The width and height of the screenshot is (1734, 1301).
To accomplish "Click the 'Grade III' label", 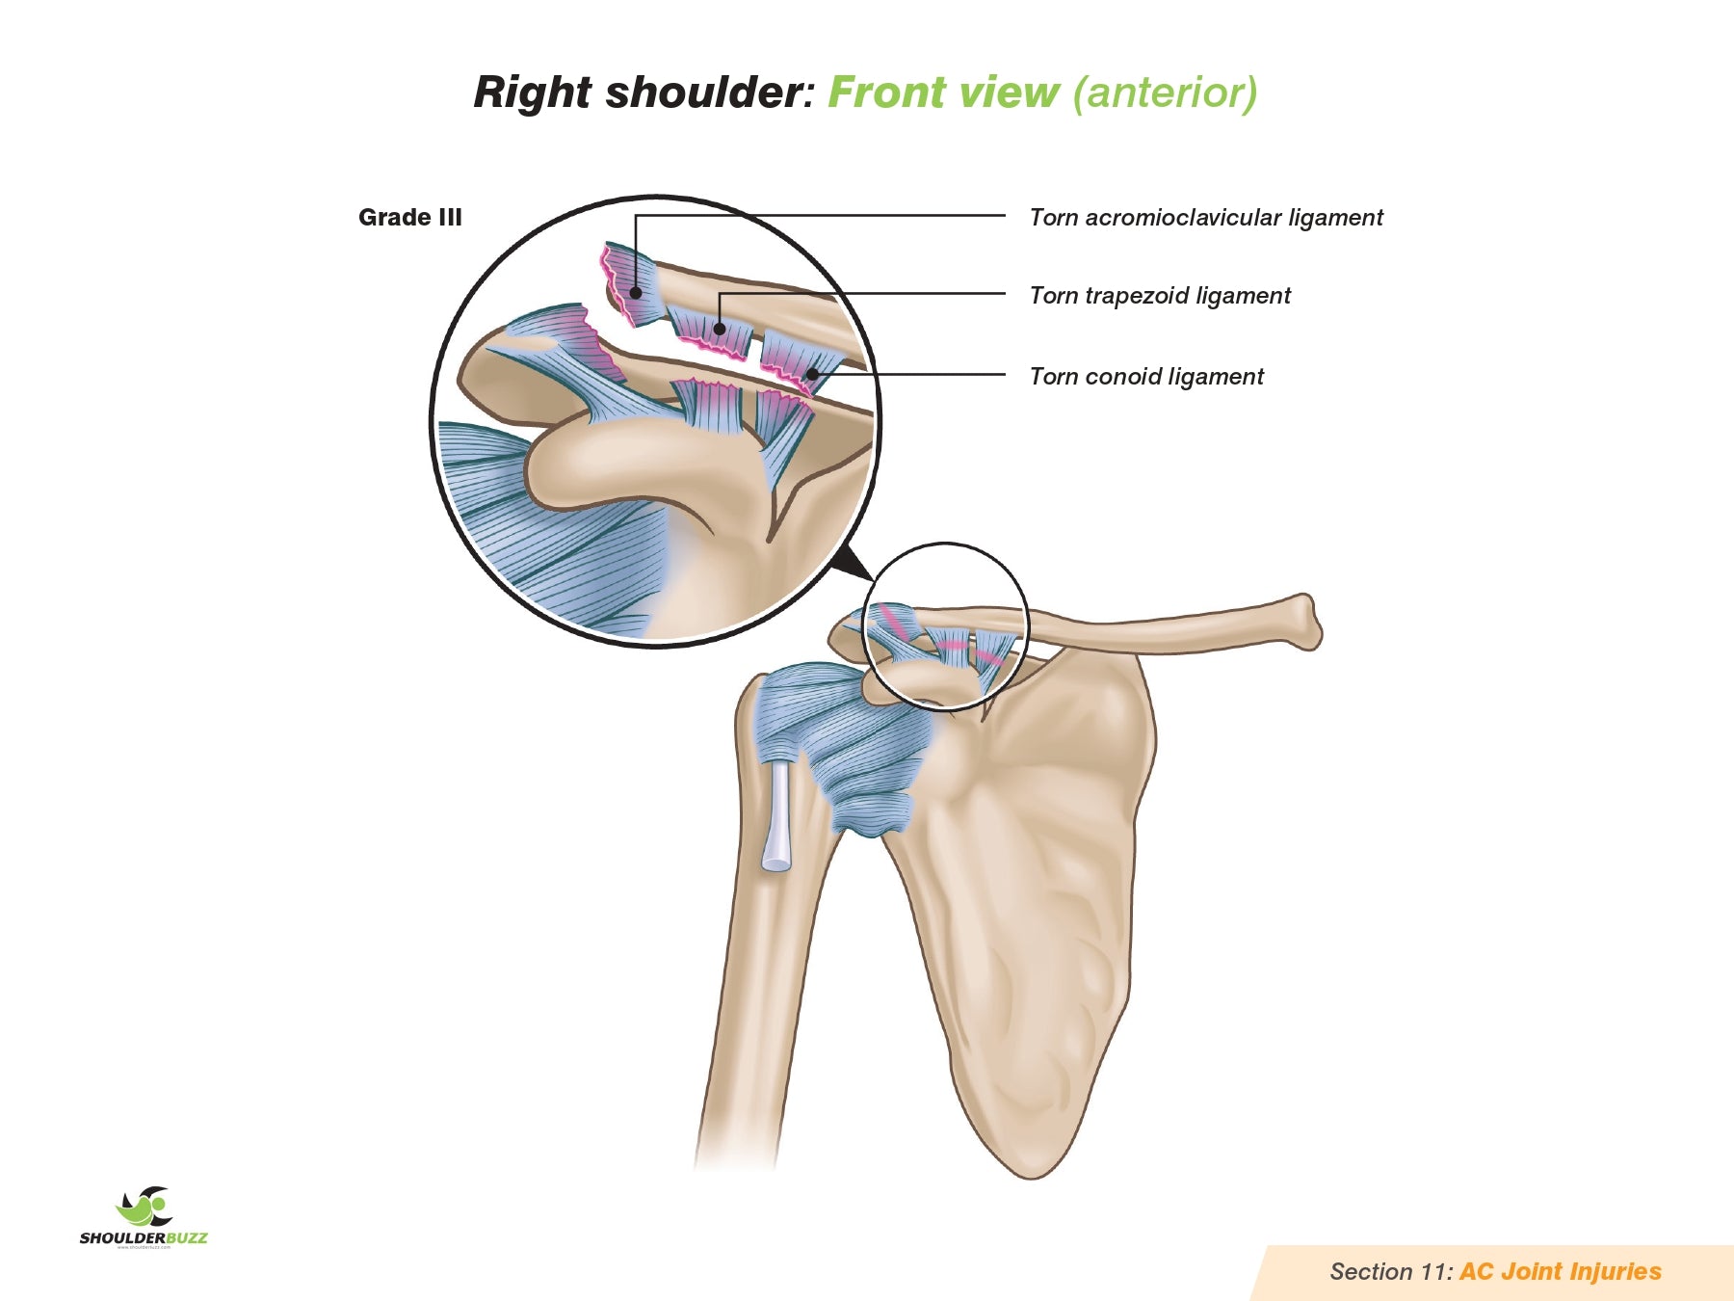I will point(409,218).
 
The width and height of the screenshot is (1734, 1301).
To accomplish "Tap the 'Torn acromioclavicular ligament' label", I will point(1205,218).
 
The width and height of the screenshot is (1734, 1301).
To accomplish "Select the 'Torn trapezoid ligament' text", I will point(1159,296).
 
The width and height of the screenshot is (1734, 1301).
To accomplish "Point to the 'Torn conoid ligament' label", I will point(1145,377).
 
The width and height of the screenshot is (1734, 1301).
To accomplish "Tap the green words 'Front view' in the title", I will point(942,93).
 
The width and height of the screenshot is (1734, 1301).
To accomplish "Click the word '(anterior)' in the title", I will point(1164,93).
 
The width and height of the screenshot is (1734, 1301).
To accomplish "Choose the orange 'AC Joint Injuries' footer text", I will point(1560,1272).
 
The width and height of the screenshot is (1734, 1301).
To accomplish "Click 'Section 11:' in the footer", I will point(1390,1272).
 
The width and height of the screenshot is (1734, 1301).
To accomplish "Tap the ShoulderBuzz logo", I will point(144,1217).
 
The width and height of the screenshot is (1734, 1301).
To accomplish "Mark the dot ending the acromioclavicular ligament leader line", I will point(636,292).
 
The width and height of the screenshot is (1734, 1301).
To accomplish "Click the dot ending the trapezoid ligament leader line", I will point(720,329).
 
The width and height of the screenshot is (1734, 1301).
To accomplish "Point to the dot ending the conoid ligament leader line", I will point(812,374).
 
